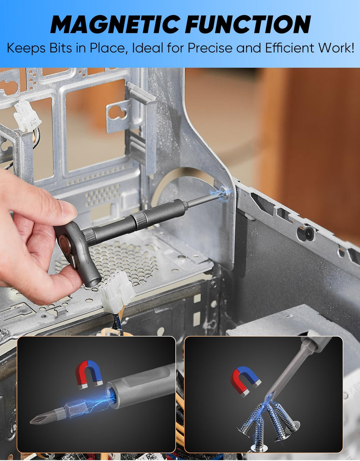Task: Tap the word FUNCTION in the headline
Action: (248, 24)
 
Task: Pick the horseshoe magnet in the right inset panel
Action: (245, 380)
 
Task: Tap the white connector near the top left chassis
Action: (27, 115)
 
